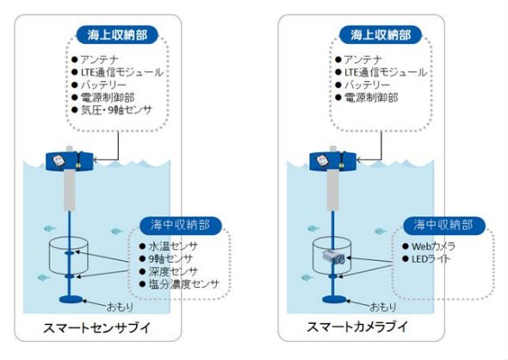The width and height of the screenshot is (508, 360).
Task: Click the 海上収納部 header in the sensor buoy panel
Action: click(x=117, y=34)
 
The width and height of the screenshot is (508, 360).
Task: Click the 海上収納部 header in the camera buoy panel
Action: click(x=381, y=34)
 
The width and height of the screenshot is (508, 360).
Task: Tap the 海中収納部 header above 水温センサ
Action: click(x=181, y=225)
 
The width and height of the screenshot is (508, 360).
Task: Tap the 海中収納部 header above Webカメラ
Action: click(x=443, y=225)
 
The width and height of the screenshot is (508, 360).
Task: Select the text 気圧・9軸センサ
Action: click(x=116, y=110)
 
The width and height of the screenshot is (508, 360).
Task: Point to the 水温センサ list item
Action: click(x=173, y=246)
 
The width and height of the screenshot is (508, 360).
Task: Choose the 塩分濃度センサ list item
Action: click(x=183, y=284)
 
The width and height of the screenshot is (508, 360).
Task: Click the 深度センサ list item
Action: click(x=173, y=271)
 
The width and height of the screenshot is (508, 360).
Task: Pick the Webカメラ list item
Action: click(x=433, y=246)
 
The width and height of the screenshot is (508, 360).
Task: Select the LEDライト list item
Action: click(x=431, y=259)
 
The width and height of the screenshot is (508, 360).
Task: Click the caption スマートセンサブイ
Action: click(x=97, y=327)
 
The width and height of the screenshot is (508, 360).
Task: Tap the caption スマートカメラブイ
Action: click(x=357, y=326)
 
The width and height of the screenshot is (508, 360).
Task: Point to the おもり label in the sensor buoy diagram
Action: click(x=120, y=307)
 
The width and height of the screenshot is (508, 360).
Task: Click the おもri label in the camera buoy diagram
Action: click(x=383, y=307)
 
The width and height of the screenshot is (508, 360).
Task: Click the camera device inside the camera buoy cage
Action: click(x=333, y=258)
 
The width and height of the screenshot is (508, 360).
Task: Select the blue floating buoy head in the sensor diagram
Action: click(x=70, y=161)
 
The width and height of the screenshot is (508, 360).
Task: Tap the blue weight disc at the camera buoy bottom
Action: click(x=334, y=300)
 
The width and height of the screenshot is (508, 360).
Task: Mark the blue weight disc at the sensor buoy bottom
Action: click(x=71, y=300)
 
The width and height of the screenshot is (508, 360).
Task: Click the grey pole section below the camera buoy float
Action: click(x=332, y=189)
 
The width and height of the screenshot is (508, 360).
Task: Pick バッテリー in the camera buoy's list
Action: click(x=367, y=85)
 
